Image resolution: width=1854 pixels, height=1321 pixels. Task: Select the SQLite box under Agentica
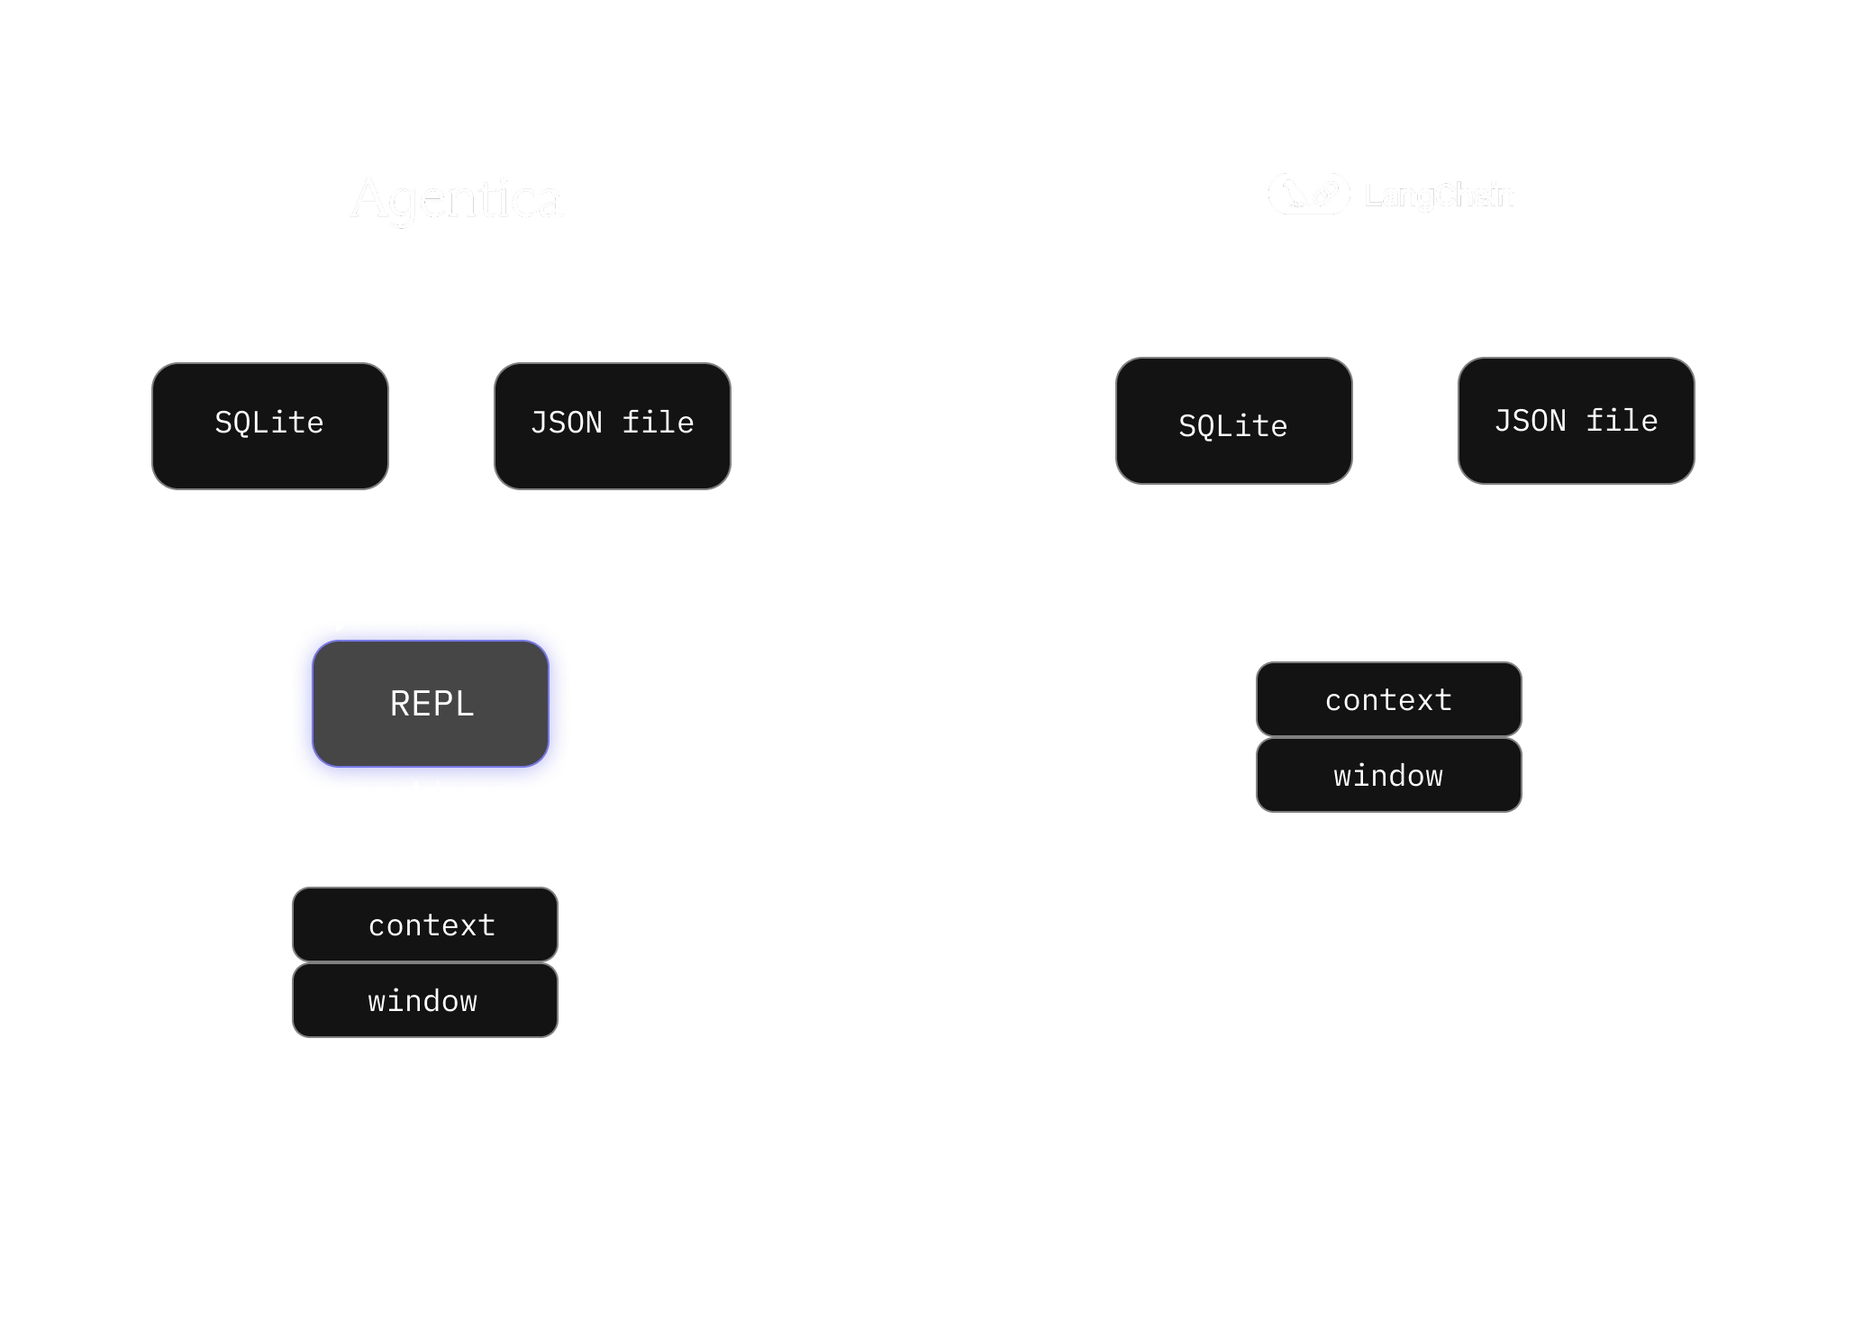(270, 426)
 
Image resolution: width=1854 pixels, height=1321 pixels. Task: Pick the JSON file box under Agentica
(613, 426)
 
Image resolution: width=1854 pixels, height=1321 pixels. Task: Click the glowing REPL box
(431, 704)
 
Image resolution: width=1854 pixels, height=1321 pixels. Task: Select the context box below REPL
(425, 925)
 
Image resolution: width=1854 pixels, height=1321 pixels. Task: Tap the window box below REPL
(425, 1000)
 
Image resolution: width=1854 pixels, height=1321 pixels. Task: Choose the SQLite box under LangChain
(1234, 421)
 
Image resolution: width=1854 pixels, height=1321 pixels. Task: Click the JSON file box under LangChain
(1577, 421)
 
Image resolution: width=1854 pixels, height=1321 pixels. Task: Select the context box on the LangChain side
(1389, 699)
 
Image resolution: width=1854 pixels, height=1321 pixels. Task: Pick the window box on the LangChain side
(1389, 775)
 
